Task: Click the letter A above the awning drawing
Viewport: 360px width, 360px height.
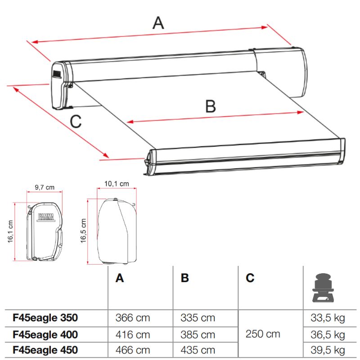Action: pyautogui.click(x=158, y=22)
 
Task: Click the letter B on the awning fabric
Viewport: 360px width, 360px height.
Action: pyautogui.click(x=210, y=107)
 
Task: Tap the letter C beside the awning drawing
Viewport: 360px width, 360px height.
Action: pyautogui.click(x=76, y=121)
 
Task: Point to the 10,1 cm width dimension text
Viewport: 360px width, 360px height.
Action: pyautogui.click(x=117, y=184)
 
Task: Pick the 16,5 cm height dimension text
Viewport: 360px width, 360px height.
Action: pyautogui.click(x=83, y=231)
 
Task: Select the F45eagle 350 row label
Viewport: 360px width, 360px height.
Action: pyautogui.click(x=45, y=318)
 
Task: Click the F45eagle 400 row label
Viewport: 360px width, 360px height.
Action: pyautogui.click(x=45, y=334)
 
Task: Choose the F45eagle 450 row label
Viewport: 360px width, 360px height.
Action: pyautogui.click(x=45, y=350)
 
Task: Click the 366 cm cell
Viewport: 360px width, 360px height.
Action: pyautogui.click(x=133, y=318)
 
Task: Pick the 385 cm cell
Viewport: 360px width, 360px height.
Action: pyautogui.click(x=198, y=334)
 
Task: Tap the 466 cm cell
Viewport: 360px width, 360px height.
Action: pyautogui.click(x=133, y=350)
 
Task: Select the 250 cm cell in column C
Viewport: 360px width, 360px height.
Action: pyautogui.click(x=263, y=334)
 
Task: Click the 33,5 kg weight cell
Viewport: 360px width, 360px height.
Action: pyautogui.click(x=328, y=318)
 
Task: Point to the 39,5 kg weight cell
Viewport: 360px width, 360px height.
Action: pyautogui.click(x=328, y=350)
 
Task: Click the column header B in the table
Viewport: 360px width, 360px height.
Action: pyautogui.click(x=185, y=278)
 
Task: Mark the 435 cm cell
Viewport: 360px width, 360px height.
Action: pyautogui.click(x=198, y=350)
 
